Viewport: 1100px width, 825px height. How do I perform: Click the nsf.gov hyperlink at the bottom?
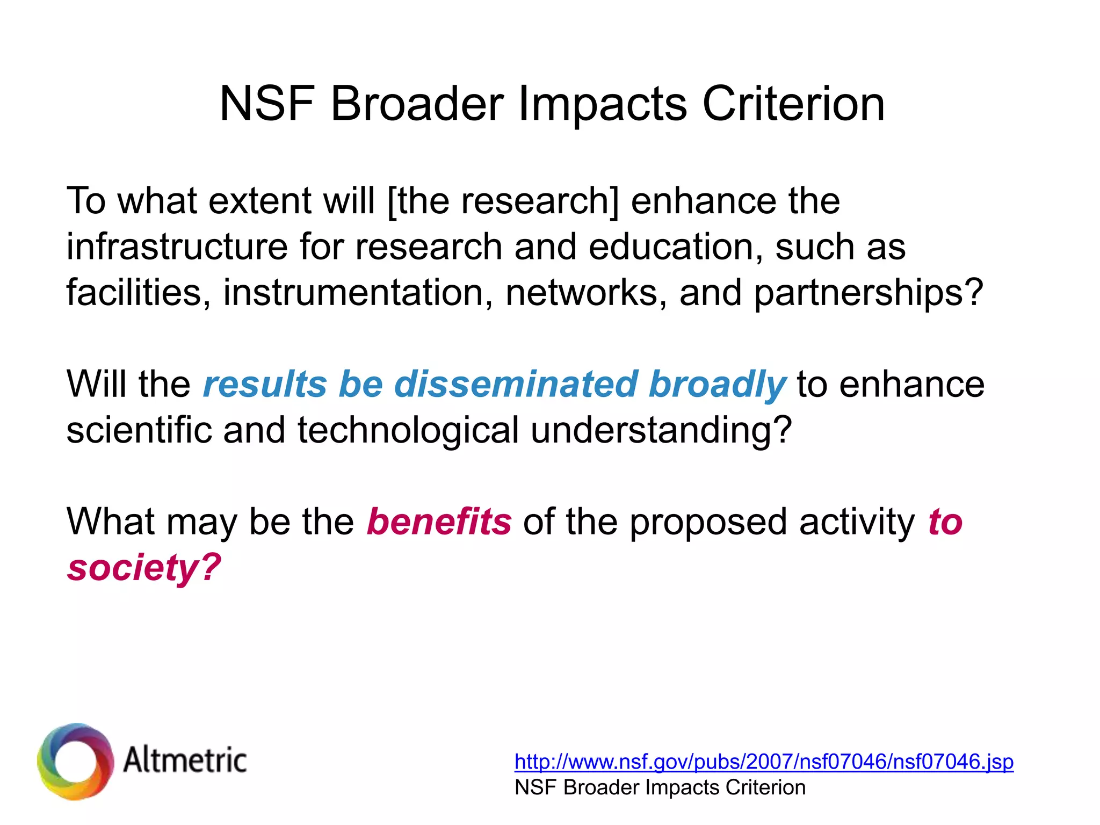click(763, 762)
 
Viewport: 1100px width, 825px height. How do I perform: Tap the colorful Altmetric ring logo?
click(75, 761)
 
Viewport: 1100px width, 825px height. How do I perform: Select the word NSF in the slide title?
click(267, 103)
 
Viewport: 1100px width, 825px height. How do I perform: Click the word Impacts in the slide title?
click(602, 104)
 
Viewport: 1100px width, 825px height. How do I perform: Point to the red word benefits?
click(439, 522)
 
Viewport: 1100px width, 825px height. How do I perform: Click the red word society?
click(144, 568)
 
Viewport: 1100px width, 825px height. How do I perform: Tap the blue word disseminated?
click(515, 384)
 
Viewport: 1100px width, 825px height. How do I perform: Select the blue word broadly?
click(717, 385)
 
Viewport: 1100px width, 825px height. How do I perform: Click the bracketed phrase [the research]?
click(503, 201)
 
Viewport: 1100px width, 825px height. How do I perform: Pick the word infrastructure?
click(177, 247)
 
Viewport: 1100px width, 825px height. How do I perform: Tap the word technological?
click(408, 430)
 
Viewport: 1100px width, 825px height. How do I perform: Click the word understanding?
click(661, 430)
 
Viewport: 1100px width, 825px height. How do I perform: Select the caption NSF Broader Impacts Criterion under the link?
click(660, 787)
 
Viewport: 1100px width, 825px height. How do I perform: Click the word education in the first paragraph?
click(675, 247)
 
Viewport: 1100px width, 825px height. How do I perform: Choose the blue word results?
click(265, 384)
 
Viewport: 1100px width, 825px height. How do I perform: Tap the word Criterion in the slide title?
click(793, 103)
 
